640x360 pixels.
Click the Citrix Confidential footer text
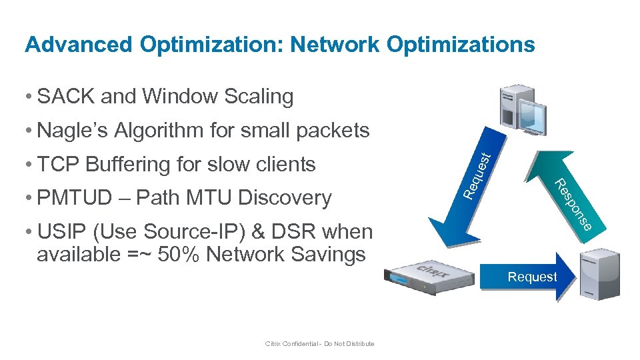click(319, 344)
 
